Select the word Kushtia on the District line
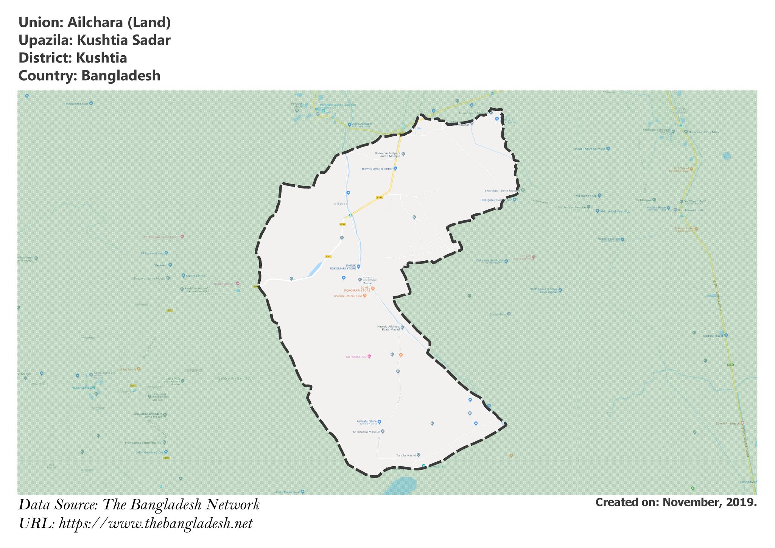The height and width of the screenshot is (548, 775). click(101, 58)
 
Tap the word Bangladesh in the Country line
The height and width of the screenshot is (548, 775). click(121, 76)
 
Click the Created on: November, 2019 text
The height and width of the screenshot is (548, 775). click(676, 503)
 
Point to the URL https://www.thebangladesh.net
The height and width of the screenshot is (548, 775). click(156, 524)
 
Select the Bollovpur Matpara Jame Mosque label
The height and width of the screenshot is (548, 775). click(387, 154)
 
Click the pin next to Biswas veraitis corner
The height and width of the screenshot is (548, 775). click(395, 168)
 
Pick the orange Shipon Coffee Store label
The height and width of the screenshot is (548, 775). click(348, 296)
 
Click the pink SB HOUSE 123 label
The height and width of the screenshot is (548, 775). click(356, 357)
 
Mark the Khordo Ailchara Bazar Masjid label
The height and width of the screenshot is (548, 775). click(388, 328)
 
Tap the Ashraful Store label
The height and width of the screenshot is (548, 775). click(366, 421)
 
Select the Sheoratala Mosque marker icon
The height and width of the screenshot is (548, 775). click(383, 431)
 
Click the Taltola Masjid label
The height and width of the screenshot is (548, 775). click(406, 455)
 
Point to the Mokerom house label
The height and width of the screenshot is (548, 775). click(76, 103)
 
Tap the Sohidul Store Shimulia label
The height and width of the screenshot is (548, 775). click(589, 149)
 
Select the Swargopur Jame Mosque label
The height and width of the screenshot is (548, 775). click(500, 190)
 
